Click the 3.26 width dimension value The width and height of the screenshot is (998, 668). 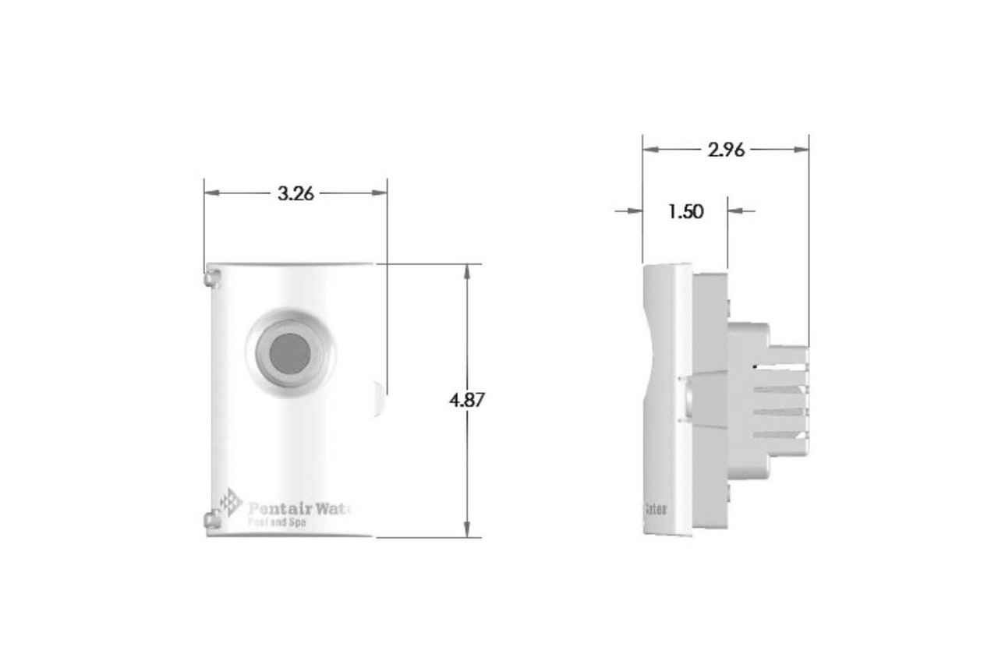(x=296, y=194)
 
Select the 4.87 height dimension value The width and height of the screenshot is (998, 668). (x=467, y=401)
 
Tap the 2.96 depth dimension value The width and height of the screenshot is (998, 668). (x=726, y=150)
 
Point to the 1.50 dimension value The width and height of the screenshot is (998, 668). (x=685, y=211)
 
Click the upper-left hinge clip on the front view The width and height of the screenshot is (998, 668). (x=211, y=276)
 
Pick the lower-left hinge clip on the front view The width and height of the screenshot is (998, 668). (x=211, y=519)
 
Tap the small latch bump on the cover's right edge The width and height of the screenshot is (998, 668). (x=379, y=398)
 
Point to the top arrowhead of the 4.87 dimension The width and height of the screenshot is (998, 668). (x=467, y=271)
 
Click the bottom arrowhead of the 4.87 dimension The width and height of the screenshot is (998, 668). (x=467, y=530)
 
